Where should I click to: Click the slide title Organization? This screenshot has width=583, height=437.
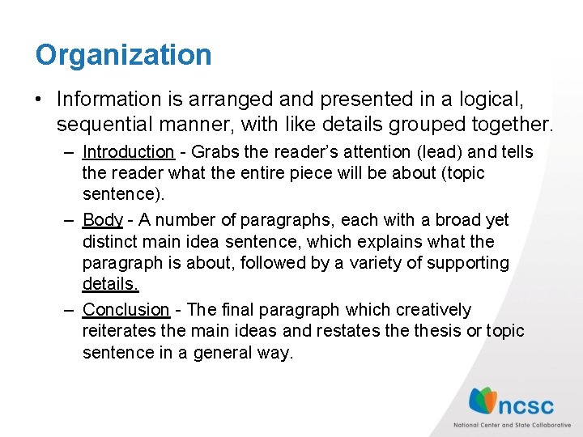[x=123, y=56]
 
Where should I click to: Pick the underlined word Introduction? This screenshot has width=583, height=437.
[x=128, y=152]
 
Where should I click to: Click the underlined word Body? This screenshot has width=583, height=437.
[x=102, y=220]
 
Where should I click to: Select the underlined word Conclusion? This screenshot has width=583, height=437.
[x=126, y=310]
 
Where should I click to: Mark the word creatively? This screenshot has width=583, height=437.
[x=432, y=310]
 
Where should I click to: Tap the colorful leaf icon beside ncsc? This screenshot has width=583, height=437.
[x=483, y=401]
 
